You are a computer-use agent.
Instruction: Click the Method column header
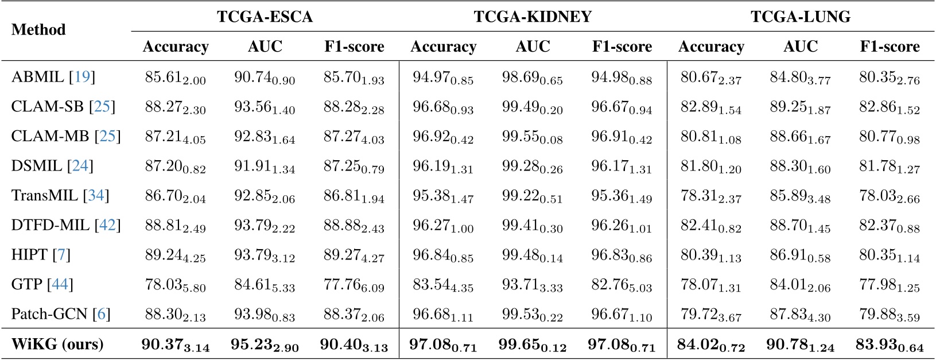pos(38,30)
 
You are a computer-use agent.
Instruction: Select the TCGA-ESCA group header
pos(265,17)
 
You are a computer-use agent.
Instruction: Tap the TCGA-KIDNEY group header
pos(533,17)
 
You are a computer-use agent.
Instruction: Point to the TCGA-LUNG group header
pos(801,17)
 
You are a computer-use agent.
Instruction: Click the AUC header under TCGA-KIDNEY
pos(533,47)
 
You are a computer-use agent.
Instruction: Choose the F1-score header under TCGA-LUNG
pos(890,47)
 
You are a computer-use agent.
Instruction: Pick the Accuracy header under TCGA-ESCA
pos(176,47)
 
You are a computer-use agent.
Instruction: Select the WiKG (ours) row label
pos(57,344)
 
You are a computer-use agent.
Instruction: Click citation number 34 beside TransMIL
pos(96,196)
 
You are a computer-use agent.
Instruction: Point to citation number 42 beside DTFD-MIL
pos(107,225)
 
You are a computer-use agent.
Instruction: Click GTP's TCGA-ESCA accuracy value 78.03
pos(175,285)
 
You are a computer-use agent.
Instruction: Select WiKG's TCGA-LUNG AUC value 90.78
pos(801,345)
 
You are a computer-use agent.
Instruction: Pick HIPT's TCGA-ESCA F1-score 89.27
pos(354,255)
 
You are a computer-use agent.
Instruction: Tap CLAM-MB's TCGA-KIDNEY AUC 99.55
pos(533,137)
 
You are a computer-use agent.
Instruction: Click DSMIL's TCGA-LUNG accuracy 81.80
pos(711,167)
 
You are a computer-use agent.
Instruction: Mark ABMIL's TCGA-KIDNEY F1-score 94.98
pos(622,78)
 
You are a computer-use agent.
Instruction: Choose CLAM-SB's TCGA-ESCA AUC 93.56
pos(265,107)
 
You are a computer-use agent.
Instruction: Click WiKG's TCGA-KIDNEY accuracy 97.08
pos(443,345)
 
